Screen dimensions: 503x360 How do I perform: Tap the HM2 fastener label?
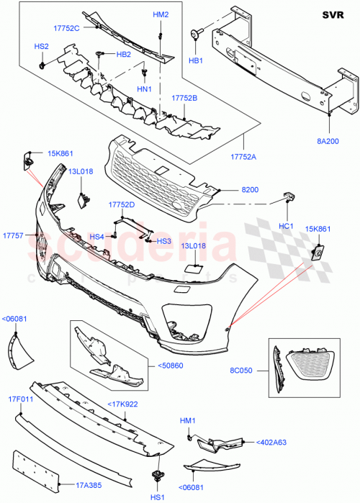pos(161,15)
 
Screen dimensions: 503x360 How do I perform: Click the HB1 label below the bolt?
pos(195,61)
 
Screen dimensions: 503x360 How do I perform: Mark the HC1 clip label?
pos(286,226)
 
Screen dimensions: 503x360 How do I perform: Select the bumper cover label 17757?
pos(13,235)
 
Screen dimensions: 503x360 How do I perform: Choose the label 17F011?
pos(22,399)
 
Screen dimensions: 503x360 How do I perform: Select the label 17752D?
pos(122,204)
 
